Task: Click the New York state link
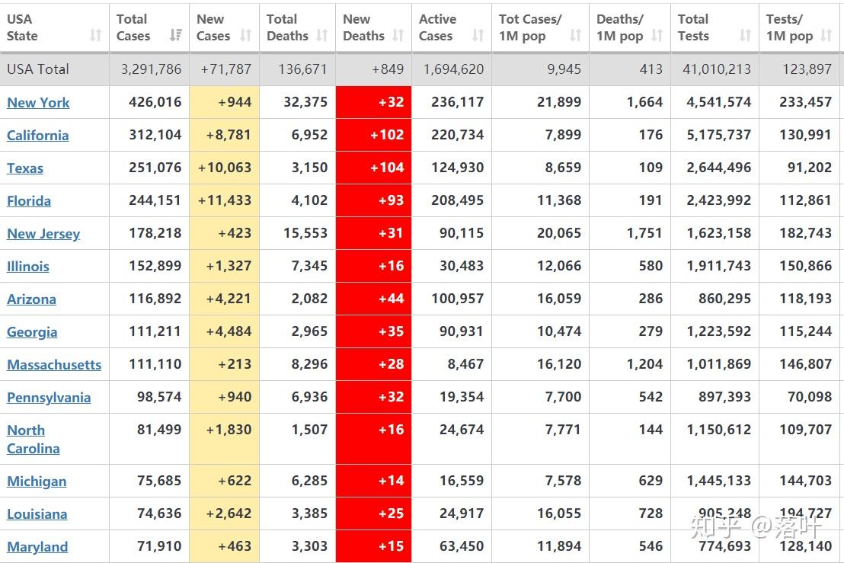click(x=38, y=103)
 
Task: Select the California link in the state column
click(x=37, y=136)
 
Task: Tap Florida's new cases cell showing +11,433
click(x=225, y=200)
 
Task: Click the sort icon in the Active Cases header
click(x=478, y=35)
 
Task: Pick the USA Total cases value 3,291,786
click(x=151, y=69)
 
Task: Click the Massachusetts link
click(x=54, y=365)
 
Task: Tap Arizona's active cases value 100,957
click(x=458, y=299)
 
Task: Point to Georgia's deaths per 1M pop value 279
click(x=651, y=331)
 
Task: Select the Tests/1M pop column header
click(x=790, y=27)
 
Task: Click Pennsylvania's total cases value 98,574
click(x=155, y=397)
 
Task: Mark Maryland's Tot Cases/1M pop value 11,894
click(x=559, y=546)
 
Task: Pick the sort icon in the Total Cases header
click(x=176, y=35)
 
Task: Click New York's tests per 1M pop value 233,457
click(x=805, y=102)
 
